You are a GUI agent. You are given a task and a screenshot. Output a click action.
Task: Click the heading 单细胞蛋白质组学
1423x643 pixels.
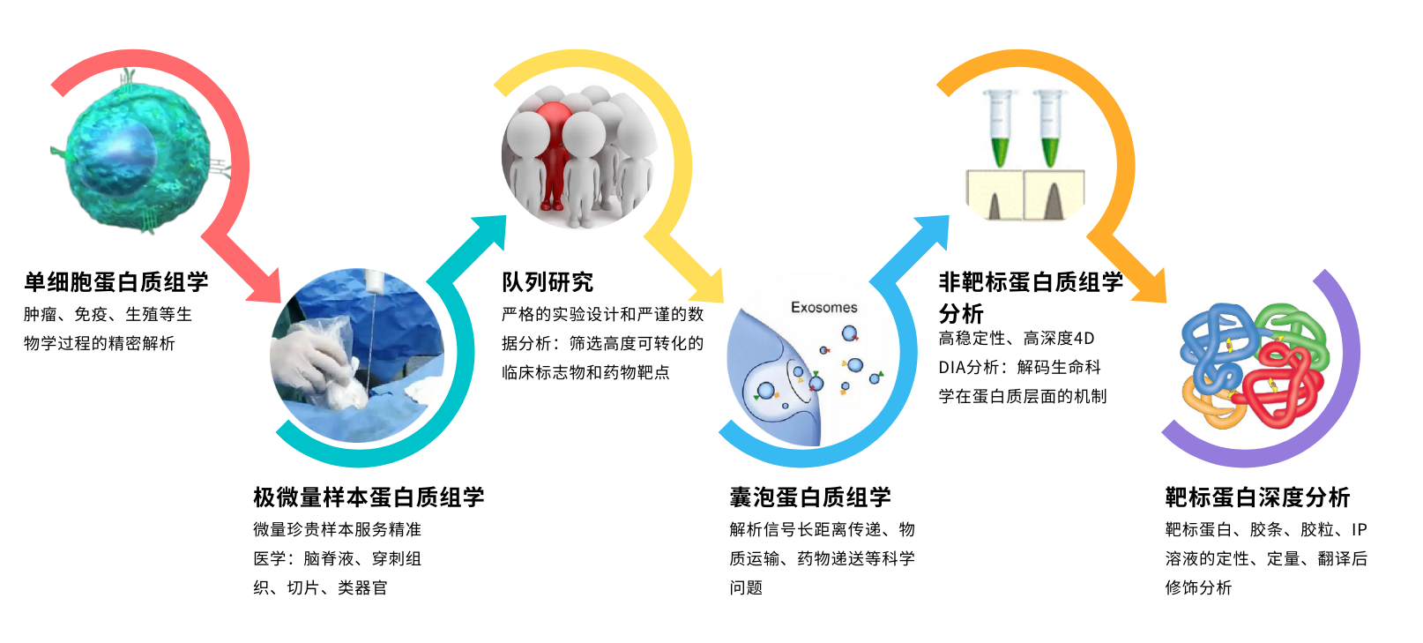click(116, 281)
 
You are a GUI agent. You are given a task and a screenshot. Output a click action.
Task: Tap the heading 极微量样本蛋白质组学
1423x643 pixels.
click(369, 497)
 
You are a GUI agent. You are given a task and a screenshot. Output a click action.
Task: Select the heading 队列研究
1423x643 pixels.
click(548, 281)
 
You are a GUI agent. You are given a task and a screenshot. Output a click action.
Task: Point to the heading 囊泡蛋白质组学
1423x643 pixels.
click(810, 497)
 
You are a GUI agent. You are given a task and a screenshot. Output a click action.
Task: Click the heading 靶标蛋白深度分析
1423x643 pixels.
click(1257, 497)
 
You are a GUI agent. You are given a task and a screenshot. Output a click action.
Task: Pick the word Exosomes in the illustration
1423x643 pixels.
click(824, 308)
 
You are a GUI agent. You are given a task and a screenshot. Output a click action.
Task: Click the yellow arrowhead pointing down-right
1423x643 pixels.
click(708, 286)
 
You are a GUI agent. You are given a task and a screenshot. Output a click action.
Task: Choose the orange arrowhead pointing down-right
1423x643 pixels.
click(1150, 286)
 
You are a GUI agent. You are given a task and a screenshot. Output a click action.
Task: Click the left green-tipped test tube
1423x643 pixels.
click(1000, 127)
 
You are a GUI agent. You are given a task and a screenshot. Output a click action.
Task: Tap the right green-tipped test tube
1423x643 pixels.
click(1049, 127)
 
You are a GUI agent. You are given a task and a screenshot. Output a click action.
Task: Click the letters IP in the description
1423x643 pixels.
click(1359, 529)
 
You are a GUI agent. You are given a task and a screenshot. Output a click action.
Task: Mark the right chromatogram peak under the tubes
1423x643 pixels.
click(1054, 201)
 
